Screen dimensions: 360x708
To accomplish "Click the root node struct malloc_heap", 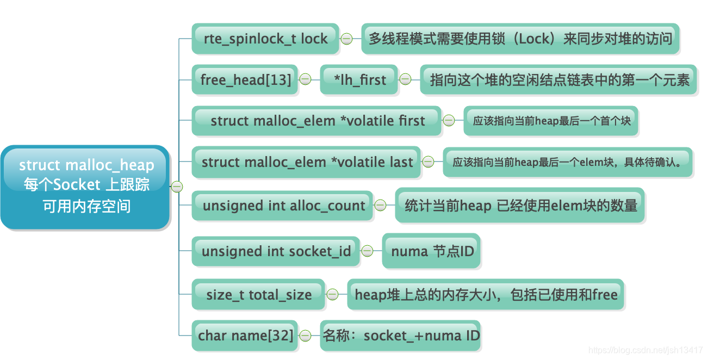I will point(86,187).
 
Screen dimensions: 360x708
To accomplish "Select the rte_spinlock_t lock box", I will point(265,39).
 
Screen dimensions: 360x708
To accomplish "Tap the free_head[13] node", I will point(245,80).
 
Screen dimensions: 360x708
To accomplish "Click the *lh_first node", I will point(359,80).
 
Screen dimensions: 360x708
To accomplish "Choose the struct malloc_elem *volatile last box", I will point(307,162).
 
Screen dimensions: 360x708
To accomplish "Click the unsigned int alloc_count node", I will point(283,206).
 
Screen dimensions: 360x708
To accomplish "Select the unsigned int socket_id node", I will point(276,251).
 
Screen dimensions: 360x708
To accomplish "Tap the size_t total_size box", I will point(258,295).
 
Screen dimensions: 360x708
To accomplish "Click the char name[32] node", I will point(245,336).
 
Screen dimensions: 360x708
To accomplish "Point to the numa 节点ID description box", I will point(432,251).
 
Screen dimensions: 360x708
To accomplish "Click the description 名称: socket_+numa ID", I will point(401,336).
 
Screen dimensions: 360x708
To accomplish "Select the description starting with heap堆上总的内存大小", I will point(486,295).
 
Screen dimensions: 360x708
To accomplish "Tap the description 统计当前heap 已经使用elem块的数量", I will point(520,206).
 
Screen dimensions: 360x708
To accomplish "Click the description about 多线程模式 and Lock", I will point(520,39).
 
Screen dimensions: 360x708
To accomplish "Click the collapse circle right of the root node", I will point(177,187).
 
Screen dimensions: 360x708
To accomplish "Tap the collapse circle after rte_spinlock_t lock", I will point(346,39).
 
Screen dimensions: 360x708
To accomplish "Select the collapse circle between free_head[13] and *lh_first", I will point(306,80).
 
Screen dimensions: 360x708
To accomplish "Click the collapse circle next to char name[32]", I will point(306,336).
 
